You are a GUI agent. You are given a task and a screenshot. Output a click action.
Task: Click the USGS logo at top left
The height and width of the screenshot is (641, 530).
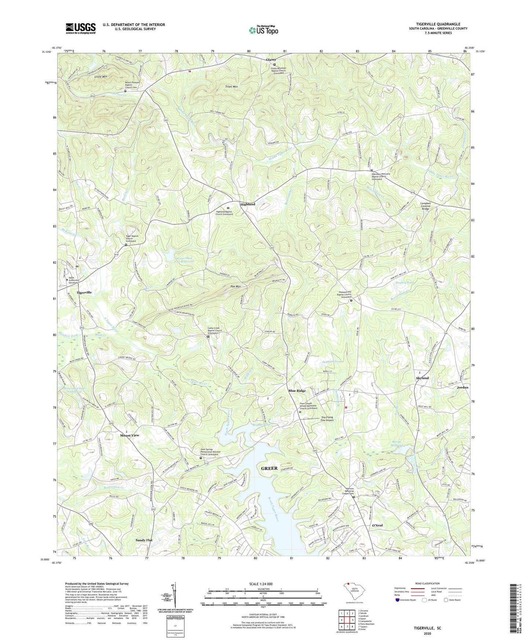point(81,28)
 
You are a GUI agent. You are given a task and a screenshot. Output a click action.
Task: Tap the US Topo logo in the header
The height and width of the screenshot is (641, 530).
point(263,30)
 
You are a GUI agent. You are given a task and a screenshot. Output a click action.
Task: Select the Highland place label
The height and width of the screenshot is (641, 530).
point(248,204)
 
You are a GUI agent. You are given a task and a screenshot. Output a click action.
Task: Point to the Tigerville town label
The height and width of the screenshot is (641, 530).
point(84,292)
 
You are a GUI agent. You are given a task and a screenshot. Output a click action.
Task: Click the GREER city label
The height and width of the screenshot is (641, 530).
point(269,468)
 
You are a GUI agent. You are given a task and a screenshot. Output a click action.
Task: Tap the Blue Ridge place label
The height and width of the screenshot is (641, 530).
point(297,391)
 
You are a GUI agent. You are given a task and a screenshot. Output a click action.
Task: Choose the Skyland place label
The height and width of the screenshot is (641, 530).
point(422,378)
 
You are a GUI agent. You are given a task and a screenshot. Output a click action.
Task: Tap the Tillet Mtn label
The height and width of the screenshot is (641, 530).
point(231,87)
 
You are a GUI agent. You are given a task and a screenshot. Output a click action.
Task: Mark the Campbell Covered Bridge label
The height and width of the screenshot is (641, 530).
point(428,206)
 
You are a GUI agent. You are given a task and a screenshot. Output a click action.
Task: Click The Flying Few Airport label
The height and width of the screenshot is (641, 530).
point(327,419)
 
